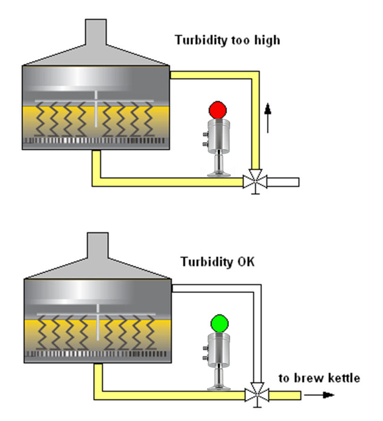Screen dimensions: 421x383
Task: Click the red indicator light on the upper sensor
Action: pyautogui.click(x=218, y=110)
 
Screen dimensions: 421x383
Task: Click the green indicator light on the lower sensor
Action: pyautogui.click(x=220, y=323)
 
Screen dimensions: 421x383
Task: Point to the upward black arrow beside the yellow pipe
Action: pyautogui.click(x=268, y=118)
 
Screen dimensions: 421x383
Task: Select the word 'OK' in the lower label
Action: pyautogui.click(x=244, y=261)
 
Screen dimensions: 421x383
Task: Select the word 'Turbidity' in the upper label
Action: pyautogui.click(x=198, y=40)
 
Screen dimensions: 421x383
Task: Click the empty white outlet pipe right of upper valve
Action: pyautogui.click(x=283, y=182)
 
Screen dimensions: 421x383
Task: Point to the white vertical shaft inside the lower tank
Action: pyautogui.click(x=97, y=321)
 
